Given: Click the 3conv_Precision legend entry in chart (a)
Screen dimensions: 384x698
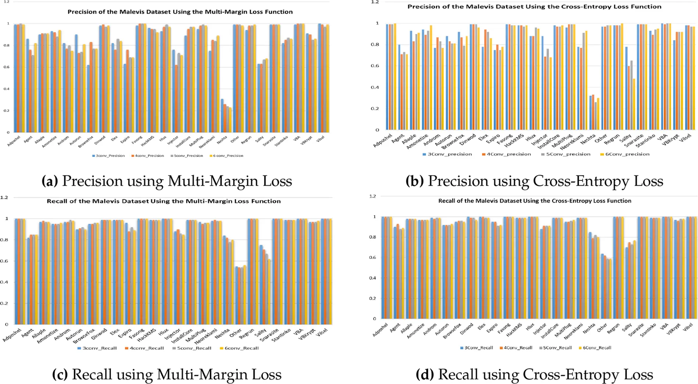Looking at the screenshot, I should pyautogui.click(x=109, y=156).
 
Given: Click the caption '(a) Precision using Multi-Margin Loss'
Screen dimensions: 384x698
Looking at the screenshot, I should pyautogui.click(x=167, y=181).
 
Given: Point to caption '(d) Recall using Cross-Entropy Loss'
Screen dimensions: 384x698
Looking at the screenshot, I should pyautogui.click(x=534, y=374).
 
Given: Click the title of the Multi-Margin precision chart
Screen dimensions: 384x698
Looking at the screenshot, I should pyautogui.click(x=180, y=12).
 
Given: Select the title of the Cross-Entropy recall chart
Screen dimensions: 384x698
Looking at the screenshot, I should pyautogui.click(x=535, y=201).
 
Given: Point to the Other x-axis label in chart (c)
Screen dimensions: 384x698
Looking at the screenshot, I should pyautogui.click(x=235, y=333).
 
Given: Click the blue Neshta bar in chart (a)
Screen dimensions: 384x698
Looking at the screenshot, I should pyautogui.click(x=222, y=115).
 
